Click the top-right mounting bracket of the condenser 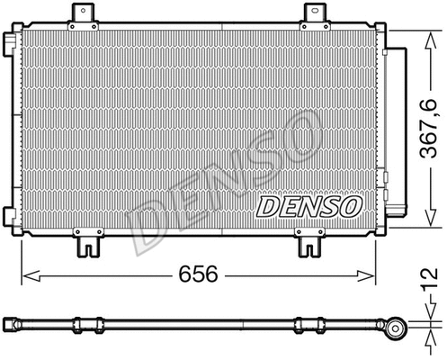[314, 14]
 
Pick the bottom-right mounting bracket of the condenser [309, 243]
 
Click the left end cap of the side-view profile [10, 322]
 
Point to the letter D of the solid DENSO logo [267, 207]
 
